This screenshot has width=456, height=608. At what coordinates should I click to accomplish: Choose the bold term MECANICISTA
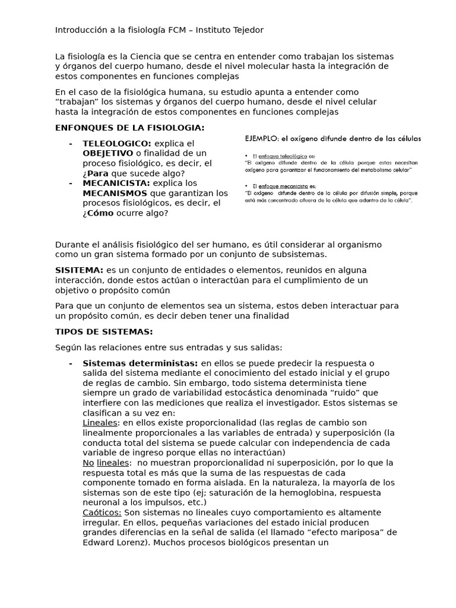[116, 183]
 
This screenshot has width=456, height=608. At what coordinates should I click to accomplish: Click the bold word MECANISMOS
[115, 193]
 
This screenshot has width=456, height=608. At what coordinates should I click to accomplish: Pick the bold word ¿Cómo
[98, 213]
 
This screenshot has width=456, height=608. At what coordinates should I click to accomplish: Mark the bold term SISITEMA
[79, 270]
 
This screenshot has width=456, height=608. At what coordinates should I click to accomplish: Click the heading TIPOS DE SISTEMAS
[104, 331]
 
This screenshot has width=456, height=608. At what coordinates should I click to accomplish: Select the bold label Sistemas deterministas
[140, 363]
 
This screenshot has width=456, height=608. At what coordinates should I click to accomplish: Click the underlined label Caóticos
[102, 512]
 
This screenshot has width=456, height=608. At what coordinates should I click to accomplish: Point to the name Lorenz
[132, 542]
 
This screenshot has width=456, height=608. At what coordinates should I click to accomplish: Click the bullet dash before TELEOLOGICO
[71, 144]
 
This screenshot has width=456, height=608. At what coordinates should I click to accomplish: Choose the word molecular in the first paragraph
[262, 66]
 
